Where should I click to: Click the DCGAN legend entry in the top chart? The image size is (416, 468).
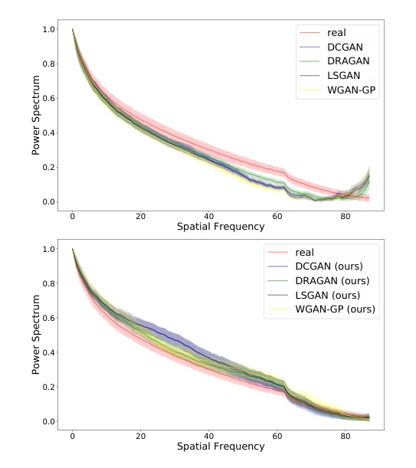(x=345, y=47)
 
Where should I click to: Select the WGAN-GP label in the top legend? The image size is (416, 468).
(x=351, y=90)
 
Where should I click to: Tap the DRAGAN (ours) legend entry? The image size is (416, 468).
(x=332, y=281)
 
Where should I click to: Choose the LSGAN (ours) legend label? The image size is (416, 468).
(x=328, y=295)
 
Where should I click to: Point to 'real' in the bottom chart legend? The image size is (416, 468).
(x=305, y=253)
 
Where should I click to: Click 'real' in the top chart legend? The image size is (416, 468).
(x=336, y=33)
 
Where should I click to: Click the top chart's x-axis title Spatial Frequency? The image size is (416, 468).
(x=221, y=227)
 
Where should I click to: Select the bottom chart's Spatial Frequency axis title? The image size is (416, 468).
(x=221, y=447)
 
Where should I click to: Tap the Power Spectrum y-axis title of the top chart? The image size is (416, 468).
(x=35, y=115)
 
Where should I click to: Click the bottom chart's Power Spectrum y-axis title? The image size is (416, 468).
(x=35, y=335)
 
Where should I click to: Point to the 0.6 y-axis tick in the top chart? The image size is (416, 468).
(x=49, y=98)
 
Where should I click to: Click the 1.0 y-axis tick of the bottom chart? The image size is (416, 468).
(x=49, y=249)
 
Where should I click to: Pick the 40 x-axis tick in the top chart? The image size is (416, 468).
(x=208, y=217)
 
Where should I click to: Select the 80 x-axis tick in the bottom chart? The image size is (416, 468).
(x=346, y=436)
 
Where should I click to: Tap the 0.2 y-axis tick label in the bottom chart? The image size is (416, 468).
(x=49, y=387)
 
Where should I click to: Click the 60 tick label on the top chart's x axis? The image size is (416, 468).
(x=277, y=217)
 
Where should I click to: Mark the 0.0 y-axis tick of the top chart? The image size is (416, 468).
(x=49, y=201)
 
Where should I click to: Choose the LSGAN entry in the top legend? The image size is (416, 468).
(x=343, y=76)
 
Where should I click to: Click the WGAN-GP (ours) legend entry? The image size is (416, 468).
(x=335, y=309)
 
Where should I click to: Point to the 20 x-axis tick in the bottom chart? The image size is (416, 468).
(x=141, y=436)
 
